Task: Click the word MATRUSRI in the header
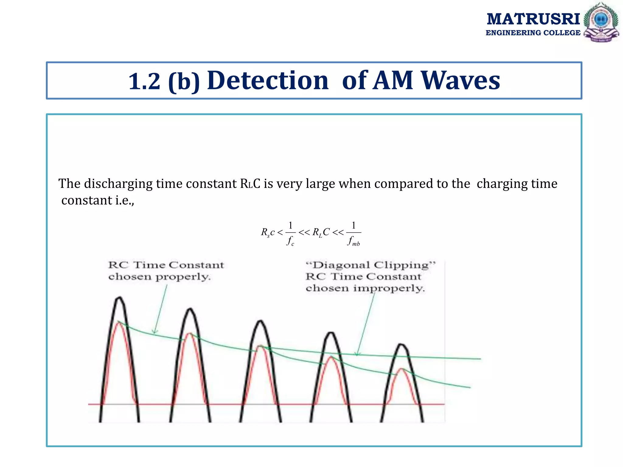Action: [x=533, y=19]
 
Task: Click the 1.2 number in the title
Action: [x=144, y=81]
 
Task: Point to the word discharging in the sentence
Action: [x=118, y=184]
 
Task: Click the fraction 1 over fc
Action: [x=291, y=233]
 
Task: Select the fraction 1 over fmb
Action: [x=353, y=233]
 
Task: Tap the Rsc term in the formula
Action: [x=267, y=233]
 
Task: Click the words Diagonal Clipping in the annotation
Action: [x=371, y=265]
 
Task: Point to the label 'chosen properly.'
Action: [x=159, y=277]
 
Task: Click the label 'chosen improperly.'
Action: [x=365, y=288]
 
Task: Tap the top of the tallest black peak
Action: [x=119, y=298]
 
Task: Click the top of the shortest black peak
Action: [x=402, y=344]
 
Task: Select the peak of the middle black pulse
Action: [x=260, y=321]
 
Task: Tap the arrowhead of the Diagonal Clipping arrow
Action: [x=357, y=354]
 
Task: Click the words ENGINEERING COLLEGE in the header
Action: [x=533, y=33]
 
